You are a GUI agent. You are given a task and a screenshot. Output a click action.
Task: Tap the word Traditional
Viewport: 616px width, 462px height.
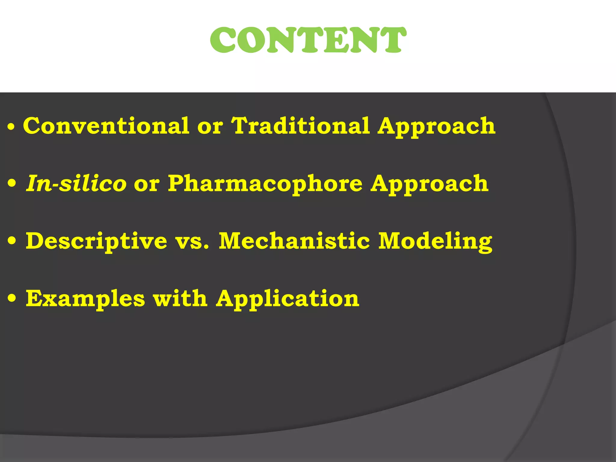point(300,126)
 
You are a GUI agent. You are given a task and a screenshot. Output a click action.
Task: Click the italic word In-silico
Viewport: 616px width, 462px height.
point(76,183)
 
